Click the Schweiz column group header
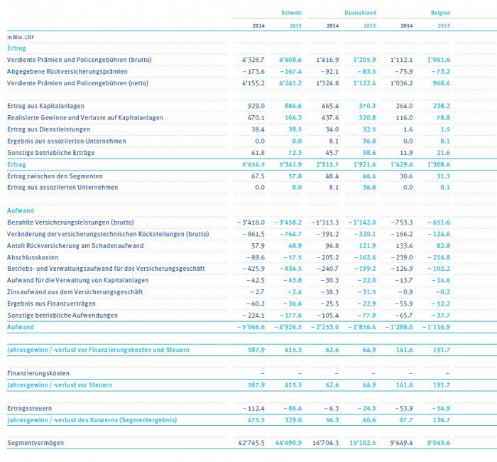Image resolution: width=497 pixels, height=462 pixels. (x=291, y=13)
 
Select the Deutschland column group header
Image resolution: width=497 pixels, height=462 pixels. (x=361, y=13)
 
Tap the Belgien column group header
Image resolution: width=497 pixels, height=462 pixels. (x=439, y=13)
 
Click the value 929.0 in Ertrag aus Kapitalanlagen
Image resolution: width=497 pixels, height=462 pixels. (x=256, y=105)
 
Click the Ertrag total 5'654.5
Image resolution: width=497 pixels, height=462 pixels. (x=252, y=163)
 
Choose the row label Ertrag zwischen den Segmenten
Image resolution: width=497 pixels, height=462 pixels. (x=54, y=175)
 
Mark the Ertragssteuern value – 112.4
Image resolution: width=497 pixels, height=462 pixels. (x=251, y=409)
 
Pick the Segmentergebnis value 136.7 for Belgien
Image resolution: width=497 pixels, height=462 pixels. (x=439, y=420)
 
